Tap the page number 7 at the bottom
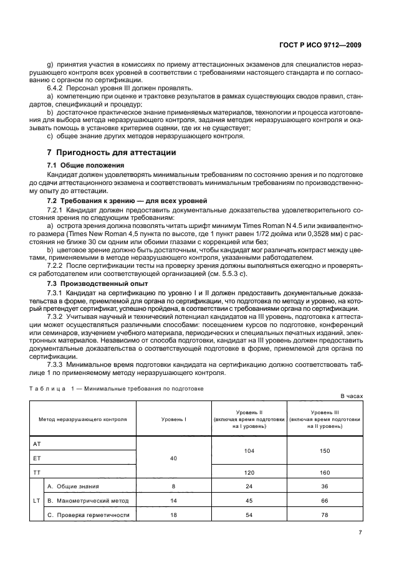[360, 532]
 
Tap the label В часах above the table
[351, 396]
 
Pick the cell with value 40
[174, 458]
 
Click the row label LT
[37, 500]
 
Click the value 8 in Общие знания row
[174, 486]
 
